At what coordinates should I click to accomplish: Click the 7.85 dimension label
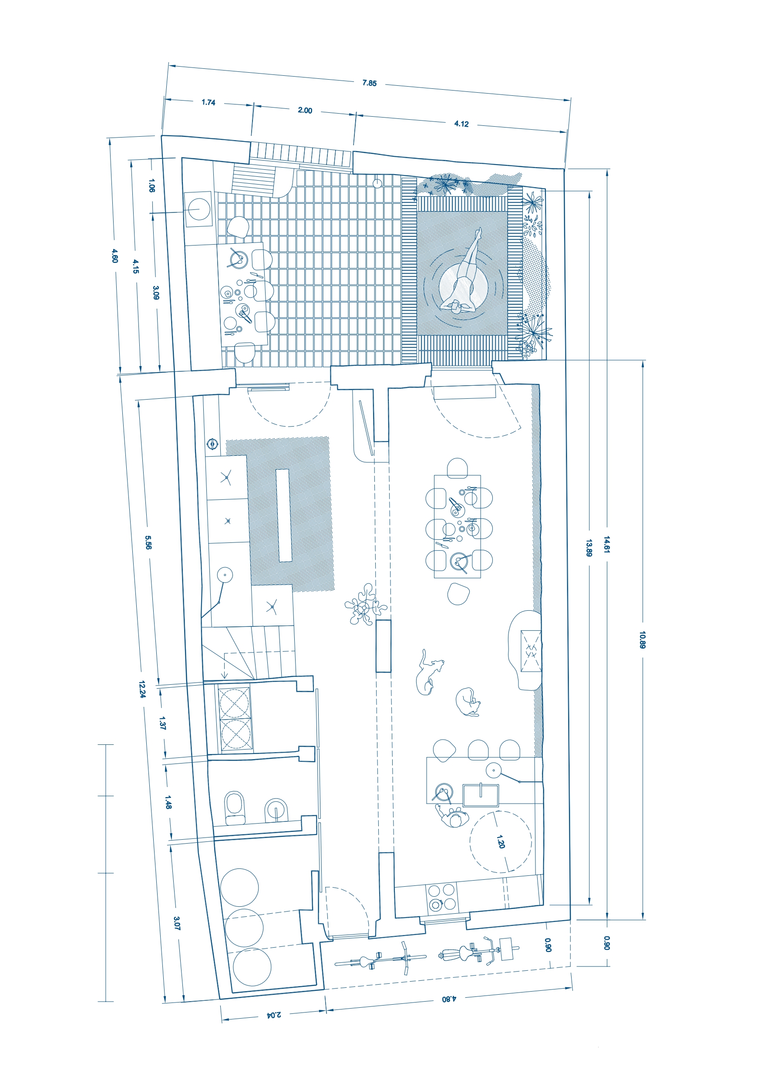click(x=369, y=83)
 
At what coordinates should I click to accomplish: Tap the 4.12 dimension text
click(x=461, y=124)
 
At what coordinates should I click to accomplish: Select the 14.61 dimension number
click(x=607, y=544)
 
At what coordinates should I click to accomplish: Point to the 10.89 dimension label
click(x=643, y=639)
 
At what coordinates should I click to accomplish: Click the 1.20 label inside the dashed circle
click(x=501, y=841)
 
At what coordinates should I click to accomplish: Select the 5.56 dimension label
click(x=148, y=542)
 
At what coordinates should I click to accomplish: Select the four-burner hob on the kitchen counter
click(x=442, y=897)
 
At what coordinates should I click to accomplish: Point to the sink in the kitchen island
click(x=480, y=794)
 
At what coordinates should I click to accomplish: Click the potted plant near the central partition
click(x=365, y=605)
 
